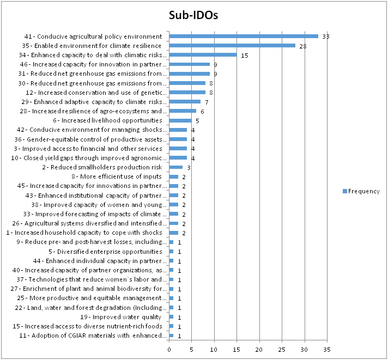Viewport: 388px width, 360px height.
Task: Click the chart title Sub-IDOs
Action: [193, 15]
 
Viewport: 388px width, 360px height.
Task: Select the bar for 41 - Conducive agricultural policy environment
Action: [244, 36]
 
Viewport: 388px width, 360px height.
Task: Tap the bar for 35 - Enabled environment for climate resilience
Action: [232, 46]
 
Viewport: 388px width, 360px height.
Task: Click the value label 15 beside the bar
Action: [245, 56]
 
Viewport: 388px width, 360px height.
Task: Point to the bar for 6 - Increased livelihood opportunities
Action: [180, 120]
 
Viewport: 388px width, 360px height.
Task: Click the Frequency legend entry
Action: [361, 191]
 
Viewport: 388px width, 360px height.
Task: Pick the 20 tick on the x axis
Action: [259, 350]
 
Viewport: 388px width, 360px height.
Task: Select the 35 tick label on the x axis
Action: [327, 350]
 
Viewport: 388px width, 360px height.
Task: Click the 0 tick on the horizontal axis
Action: [169, 350]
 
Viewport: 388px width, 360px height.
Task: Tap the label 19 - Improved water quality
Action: [121, 317]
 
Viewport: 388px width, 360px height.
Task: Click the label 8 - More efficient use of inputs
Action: [117, 176]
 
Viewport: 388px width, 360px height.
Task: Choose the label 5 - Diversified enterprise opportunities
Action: [105, 252]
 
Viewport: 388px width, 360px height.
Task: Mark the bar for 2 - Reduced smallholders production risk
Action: [176, 167]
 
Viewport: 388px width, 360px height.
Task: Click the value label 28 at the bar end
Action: [302, 46]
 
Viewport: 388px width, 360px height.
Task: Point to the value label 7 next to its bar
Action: [207, 102]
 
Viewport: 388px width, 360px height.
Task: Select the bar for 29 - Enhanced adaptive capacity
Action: [185, 102]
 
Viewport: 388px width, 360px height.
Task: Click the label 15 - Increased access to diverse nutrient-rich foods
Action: [87, 326]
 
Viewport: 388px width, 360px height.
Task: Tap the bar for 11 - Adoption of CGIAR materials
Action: [171, 335]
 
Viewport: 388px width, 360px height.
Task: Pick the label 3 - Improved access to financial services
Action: [88, 149]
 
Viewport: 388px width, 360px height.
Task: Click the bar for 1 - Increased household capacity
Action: [174, 233]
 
